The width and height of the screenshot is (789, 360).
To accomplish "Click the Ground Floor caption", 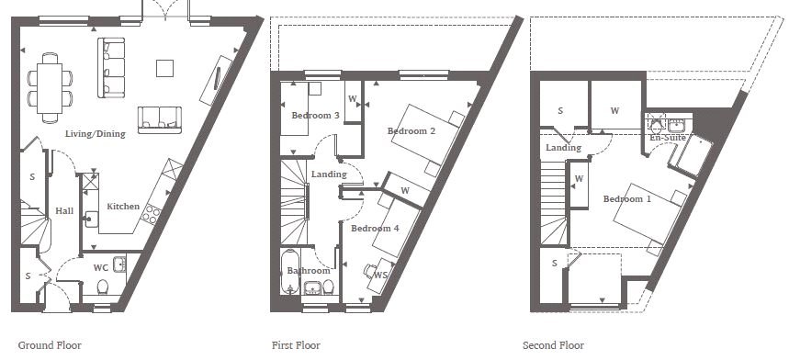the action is point(50,345).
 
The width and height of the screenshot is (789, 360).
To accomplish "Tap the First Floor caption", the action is point(296,345).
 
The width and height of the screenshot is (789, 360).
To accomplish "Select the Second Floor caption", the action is point(553,345).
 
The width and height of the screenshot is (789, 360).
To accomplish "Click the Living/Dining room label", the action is point(96,134).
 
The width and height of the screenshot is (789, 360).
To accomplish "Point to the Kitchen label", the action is point(123,206).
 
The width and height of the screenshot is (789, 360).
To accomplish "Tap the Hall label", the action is point(64,211).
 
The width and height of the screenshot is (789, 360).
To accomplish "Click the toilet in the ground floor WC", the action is point(103,287).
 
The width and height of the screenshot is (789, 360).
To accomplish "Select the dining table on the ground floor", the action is point(50,88).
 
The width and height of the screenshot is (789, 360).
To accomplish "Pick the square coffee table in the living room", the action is point(164,68).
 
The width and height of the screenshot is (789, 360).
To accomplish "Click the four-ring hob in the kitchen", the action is point(151,214).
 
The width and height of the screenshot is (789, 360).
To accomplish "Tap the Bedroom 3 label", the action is point(315,116).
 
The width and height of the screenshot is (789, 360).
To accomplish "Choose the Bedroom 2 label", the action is point(411,131).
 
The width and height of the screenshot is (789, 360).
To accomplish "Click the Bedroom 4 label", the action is point(375,229).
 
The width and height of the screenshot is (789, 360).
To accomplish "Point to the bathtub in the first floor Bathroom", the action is point(291,272).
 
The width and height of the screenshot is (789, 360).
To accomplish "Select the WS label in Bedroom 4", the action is point(381,275).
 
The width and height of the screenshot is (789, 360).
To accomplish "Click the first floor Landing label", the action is point(329,174).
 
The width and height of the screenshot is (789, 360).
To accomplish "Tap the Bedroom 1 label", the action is point(627,199).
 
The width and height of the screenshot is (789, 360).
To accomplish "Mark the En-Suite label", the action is point(668,137).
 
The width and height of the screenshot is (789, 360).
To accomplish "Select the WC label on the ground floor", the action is point(101,267).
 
